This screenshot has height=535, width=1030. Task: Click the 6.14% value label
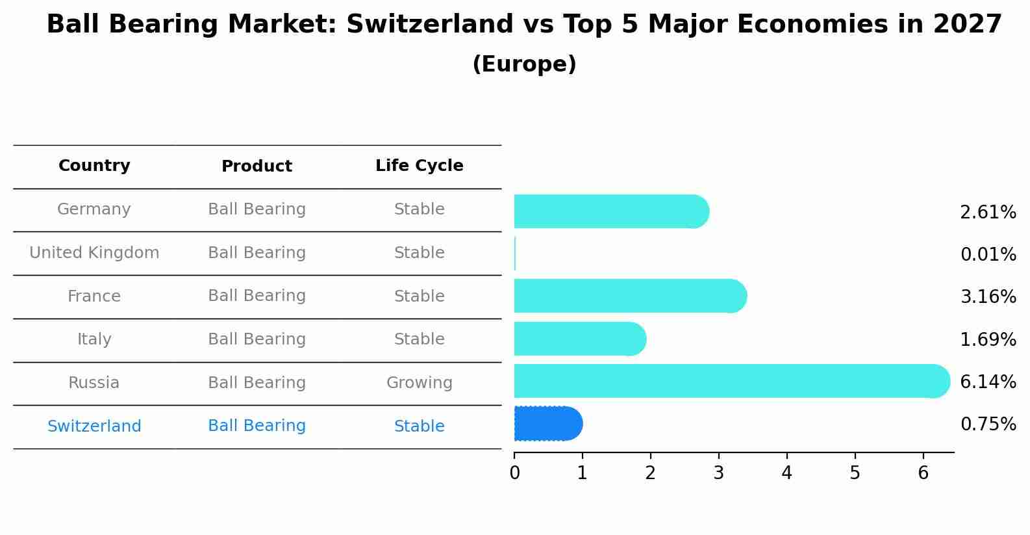click(988, 382)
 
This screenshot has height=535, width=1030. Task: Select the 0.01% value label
click(988, 255)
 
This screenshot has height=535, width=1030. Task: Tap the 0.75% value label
click(988, 424)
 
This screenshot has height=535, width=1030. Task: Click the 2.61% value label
click(988, 213)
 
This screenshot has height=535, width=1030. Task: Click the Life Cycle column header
click(419, 166)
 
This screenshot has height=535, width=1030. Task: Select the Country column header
click(94, 166)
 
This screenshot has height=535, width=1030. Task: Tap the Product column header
click(257, 166)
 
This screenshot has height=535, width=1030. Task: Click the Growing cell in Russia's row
click(419, 383)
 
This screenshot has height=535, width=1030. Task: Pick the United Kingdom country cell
click(94, 253)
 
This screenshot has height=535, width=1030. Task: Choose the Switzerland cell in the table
click(94, 426)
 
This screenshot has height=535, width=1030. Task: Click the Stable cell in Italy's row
click(419, 339)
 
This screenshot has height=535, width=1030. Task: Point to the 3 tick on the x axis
click(718, 473)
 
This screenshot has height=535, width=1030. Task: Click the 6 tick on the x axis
click(923, 473)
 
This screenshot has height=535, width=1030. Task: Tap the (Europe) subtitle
click(524, 64)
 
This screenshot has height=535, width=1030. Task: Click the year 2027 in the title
click(967, 25)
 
